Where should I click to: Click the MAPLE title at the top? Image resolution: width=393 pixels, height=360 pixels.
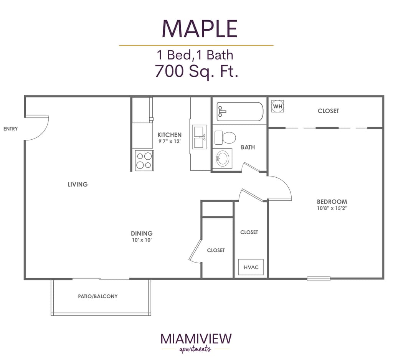click(200, 28)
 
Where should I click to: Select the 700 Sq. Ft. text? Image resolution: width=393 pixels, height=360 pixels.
click(196, 71)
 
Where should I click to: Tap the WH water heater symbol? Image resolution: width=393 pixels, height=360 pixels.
click(277, 106)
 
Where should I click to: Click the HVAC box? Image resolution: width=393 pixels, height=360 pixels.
click(251, 267)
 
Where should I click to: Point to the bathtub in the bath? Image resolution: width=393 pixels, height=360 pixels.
click(240, 112)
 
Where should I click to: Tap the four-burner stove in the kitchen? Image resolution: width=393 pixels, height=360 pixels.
click(144, 160)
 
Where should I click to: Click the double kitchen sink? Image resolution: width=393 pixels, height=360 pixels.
click(199, 137)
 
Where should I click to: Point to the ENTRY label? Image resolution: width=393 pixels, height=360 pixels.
click(10, 129)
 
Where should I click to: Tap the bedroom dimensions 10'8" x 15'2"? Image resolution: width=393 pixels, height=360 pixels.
click(332, 209)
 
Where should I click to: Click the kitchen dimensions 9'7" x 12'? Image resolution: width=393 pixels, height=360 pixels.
click(169, 141)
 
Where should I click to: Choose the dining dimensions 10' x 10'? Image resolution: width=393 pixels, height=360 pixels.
click(142, 240)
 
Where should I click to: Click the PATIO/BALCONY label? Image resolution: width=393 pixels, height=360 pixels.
click(98, 296)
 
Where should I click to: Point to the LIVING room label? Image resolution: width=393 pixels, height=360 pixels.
click(78, 184)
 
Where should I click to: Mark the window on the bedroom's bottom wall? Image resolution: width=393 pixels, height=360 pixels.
click(319, 278)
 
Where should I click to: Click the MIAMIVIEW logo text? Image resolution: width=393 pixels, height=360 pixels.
click(196, 339)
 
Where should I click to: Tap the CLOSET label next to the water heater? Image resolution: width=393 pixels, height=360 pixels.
click(328, 111)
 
